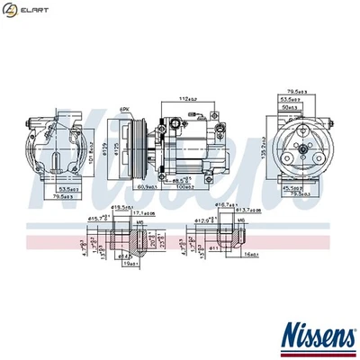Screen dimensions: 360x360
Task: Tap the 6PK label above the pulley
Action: (x=124, y=108)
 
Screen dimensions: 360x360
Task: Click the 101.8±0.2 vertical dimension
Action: (x=92, y=145)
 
